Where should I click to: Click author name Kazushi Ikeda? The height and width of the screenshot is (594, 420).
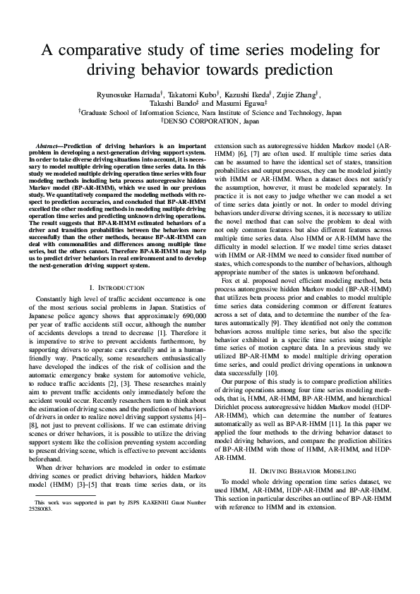[x=237, y=92]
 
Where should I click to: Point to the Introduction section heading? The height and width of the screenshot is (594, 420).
[x=116, y=288]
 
